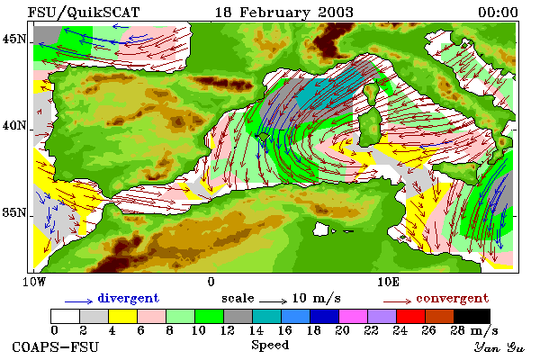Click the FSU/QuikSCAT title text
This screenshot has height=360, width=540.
coord(84,13)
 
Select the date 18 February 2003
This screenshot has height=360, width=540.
coord(284,13)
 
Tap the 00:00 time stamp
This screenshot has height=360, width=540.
coord(498,13)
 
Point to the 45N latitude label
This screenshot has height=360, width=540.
coord(14,39)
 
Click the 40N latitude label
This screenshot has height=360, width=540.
coord(14,125)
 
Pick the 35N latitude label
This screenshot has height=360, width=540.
coord(14,212)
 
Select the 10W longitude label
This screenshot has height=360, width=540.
coord(34,282)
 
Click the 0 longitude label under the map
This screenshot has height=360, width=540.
coord(211,282)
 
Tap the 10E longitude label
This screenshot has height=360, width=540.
coord(389,282)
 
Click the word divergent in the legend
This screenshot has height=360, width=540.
coord(129,298)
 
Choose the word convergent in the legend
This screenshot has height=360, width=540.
coord(453,298)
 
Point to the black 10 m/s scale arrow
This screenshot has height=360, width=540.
coord(273,301)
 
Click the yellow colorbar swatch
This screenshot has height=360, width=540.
coord(123,316)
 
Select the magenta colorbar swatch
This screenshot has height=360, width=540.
coord(354,316)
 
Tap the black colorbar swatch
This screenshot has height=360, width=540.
coord(472,316)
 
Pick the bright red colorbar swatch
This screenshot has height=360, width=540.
coord(411,316)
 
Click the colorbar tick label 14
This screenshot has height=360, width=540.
coord(256,330)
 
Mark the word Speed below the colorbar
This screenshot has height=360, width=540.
coord(270,345)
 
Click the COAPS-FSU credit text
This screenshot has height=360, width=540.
coord(56,346)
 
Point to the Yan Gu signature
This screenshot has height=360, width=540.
coord(499,347)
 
